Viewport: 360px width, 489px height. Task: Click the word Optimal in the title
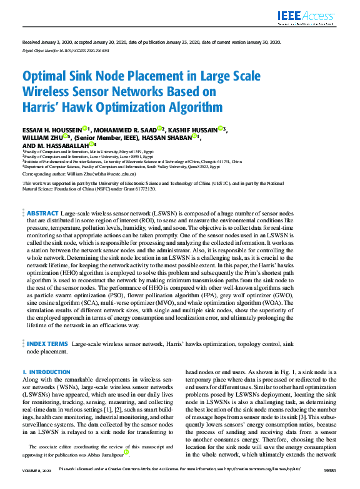click(x=49, y=77)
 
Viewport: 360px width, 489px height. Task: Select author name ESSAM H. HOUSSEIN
click(x=52, y=130)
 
